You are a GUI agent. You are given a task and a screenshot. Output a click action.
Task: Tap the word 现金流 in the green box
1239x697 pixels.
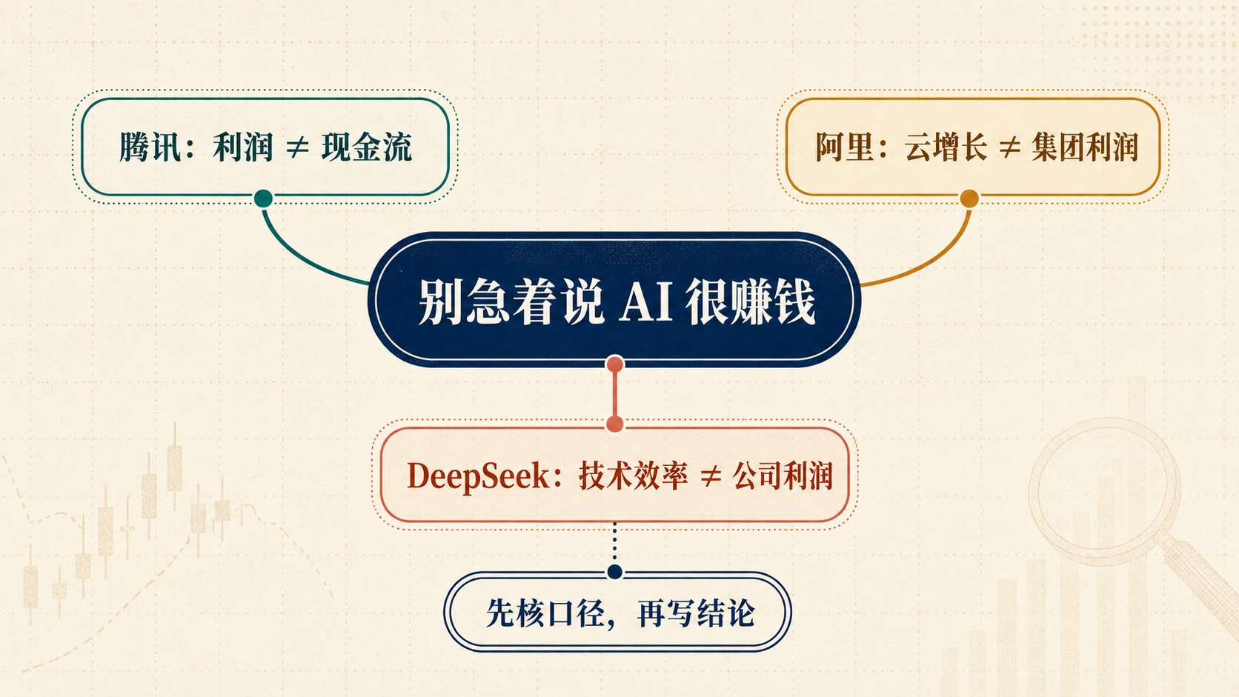click(x=367, y=147)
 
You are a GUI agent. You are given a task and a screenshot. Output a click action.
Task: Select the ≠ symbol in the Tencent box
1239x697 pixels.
click(x=297, y=147)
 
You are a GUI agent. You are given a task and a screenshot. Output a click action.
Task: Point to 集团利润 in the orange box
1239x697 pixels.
click(x=1085, y=147)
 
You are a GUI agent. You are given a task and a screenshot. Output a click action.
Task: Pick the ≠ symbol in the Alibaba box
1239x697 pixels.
click(x=1009, y=147)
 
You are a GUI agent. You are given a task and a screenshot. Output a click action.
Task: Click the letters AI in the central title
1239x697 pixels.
click(x=645, y=301)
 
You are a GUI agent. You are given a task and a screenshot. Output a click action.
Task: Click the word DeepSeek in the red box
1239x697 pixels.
click(x=478, y=476)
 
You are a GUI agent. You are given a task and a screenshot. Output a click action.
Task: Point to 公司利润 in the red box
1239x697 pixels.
click(x=783, y=476)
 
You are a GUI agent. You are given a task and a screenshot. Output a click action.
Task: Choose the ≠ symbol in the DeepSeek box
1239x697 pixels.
click(x=711, y=476)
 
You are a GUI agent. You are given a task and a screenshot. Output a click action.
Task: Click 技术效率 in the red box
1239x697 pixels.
click(x=634, y=476)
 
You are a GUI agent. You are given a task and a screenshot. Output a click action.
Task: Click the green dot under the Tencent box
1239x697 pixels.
click(x=263, y=198)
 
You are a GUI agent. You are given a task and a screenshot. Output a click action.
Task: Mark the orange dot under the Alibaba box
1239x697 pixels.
click(x=969, y=199)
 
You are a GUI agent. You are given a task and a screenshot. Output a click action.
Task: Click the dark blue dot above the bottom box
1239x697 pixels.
click(x=614, y=572)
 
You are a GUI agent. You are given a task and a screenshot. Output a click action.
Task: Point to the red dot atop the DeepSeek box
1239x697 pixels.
click(x=614, y=424)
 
